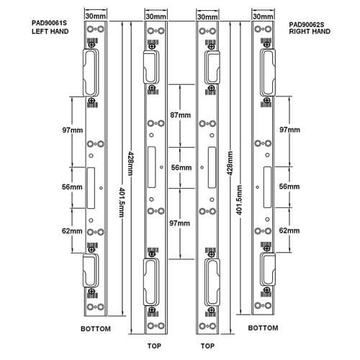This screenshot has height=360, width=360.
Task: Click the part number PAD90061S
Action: [x=49, y=23]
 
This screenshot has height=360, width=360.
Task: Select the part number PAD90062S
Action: [x=307, y=24]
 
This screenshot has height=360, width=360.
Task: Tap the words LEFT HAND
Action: [x=50, y=32]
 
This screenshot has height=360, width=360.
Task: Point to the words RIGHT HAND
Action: [x=310, y=32]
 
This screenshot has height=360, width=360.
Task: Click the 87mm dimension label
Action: [x=181, y=115]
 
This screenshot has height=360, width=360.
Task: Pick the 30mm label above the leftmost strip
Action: [x=96, y=16]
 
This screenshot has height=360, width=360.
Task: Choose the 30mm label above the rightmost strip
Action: [x=263, y=17]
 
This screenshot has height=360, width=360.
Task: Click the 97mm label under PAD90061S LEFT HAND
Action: [x=73, y=130]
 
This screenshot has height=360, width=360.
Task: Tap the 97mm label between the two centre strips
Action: [x=180, y=223]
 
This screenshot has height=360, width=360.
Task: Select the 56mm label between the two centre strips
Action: [x=181, y=167]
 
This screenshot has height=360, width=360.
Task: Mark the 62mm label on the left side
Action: [x=72, y=231]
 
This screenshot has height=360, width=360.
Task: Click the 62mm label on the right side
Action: [x=289, y=230]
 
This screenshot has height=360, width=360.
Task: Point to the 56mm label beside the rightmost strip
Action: [x=289, y=186]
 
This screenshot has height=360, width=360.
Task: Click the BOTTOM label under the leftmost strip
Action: [x=96, y=328]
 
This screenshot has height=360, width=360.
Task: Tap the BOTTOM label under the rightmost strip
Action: [x=264, y=328]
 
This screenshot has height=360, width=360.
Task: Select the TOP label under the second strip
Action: [x=154, y=346]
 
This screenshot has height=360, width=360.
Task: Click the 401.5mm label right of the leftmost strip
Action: [x=122, y=202]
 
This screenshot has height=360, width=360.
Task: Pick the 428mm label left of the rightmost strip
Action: [x=230, y=163]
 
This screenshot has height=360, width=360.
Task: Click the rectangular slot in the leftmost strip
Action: [x=91, y=188]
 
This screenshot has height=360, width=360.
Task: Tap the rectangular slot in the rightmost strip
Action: [x=268, y=187]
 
